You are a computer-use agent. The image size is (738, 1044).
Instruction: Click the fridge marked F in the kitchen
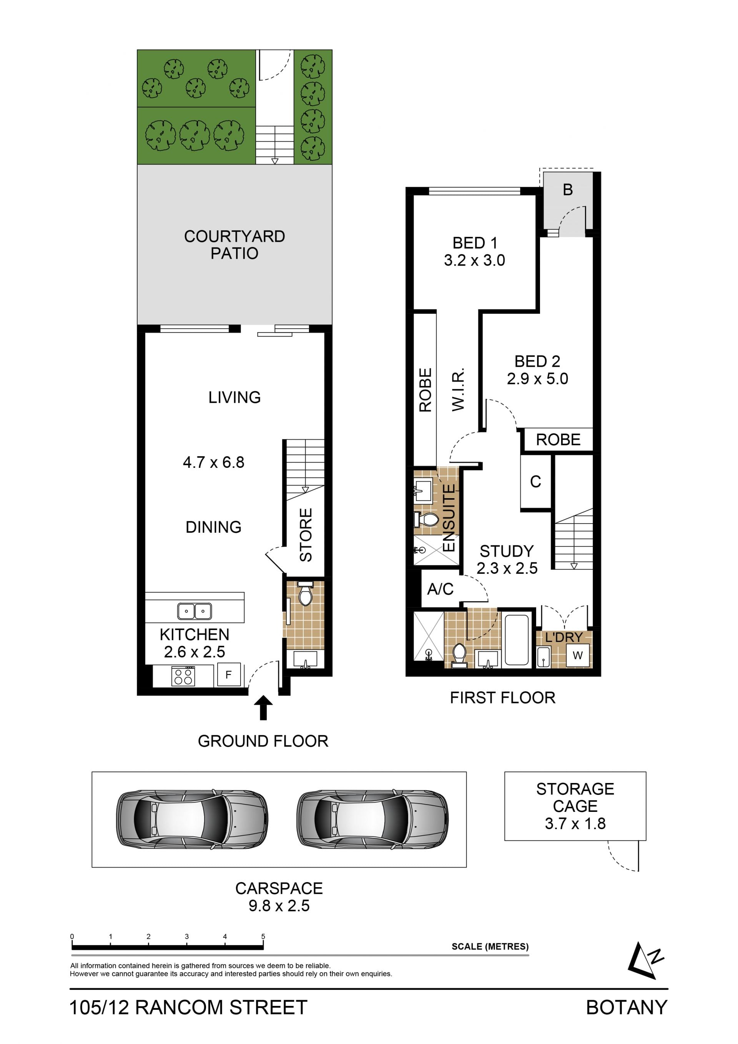tap(228, 675)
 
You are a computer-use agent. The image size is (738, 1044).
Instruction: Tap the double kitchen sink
tap(194, 612)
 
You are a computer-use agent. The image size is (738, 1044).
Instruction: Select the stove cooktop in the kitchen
tap(183, 676)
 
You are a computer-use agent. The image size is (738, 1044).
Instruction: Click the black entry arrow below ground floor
tap(263, 708)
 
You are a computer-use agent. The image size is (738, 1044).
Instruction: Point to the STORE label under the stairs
tap(306, 535)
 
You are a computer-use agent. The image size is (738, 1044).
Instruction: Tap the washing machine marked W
tap(577, 655)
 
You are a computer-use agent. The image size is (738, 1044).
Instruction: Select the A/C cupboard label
tap(440, 589)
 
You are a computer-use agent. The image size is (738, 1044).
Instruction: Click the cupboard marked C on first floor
tap(536, 482)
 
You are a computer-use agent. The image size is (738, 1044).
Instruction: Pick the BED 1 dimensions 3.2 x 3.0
tap(475, 260)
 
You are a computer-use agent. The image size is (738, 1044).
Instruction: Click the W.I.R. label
tap(458, 389)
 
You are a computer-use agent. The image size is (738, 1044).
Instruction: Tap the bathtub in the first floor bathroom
tap(517, 640)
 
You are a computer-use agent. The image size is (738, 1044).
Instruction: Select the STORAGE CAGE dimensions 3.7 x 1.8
tap(575, 823)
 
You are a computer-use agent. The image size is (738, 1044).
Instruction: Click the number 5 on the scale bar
tap(263, 937)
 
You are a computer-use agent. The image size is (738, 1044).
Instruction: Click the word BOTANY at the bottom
tap(627, 1007)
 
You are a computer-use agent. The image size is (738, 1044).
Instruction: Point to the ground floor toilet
tap(305, 593)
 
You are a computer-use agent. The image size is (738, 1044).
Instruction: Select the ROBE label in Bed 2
tap(558, 440)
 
